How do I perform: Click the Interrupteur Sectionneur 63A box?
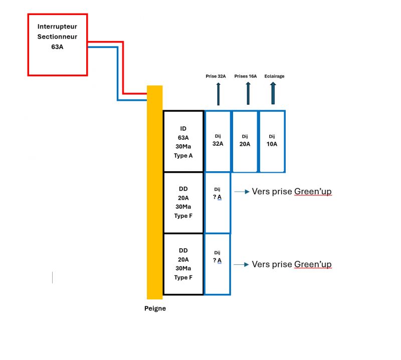tap(57, 45)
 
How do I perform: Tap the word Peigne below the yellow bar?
tap(155, 308)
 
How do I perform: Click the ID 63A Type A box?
tap(183, 142)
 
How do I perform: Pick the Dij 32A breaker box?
tap(218, 141)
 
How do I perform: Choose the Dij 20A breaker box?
tap(245, 141)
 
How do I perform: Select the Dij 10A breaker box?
tap(272, 141)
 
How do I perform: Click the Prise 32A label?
tap(216, 76)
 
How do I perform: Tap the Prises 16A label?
tap(246, 76)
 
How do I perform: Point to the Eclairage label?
tap(273, 76)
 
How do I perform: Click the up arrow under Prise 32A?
tap(218, 94)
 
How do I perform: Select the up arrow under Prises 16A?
tap(248, 94)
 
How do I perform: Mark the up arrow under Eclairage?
tap(273, 94)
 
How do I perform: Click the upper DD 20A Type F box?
tap(183, 203)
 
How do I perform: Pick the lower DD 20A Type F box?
tap(183, 264)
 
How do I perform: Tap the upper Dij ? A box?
tap(218, 202)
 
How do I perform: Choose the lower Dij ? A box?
tap(218, 264)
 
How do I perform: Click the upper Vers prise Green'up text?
tap(291, 192)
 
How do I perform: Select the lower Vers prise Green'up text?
tap(291, 264)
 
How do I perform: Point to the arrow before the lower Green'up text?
tap(242, 264)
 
